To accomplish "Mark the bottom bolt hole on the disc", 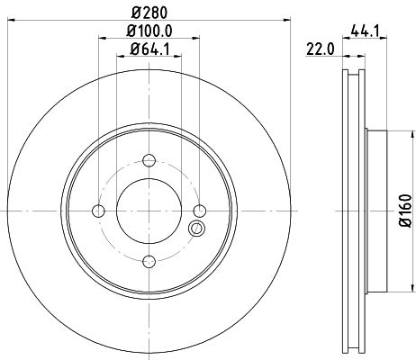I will [149, 262].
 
